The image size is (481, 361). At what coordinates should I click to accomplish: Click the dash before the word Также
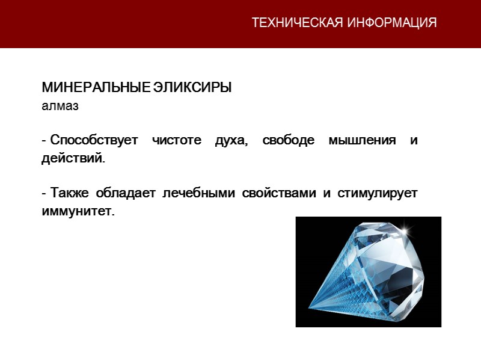tap(44, 194)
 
